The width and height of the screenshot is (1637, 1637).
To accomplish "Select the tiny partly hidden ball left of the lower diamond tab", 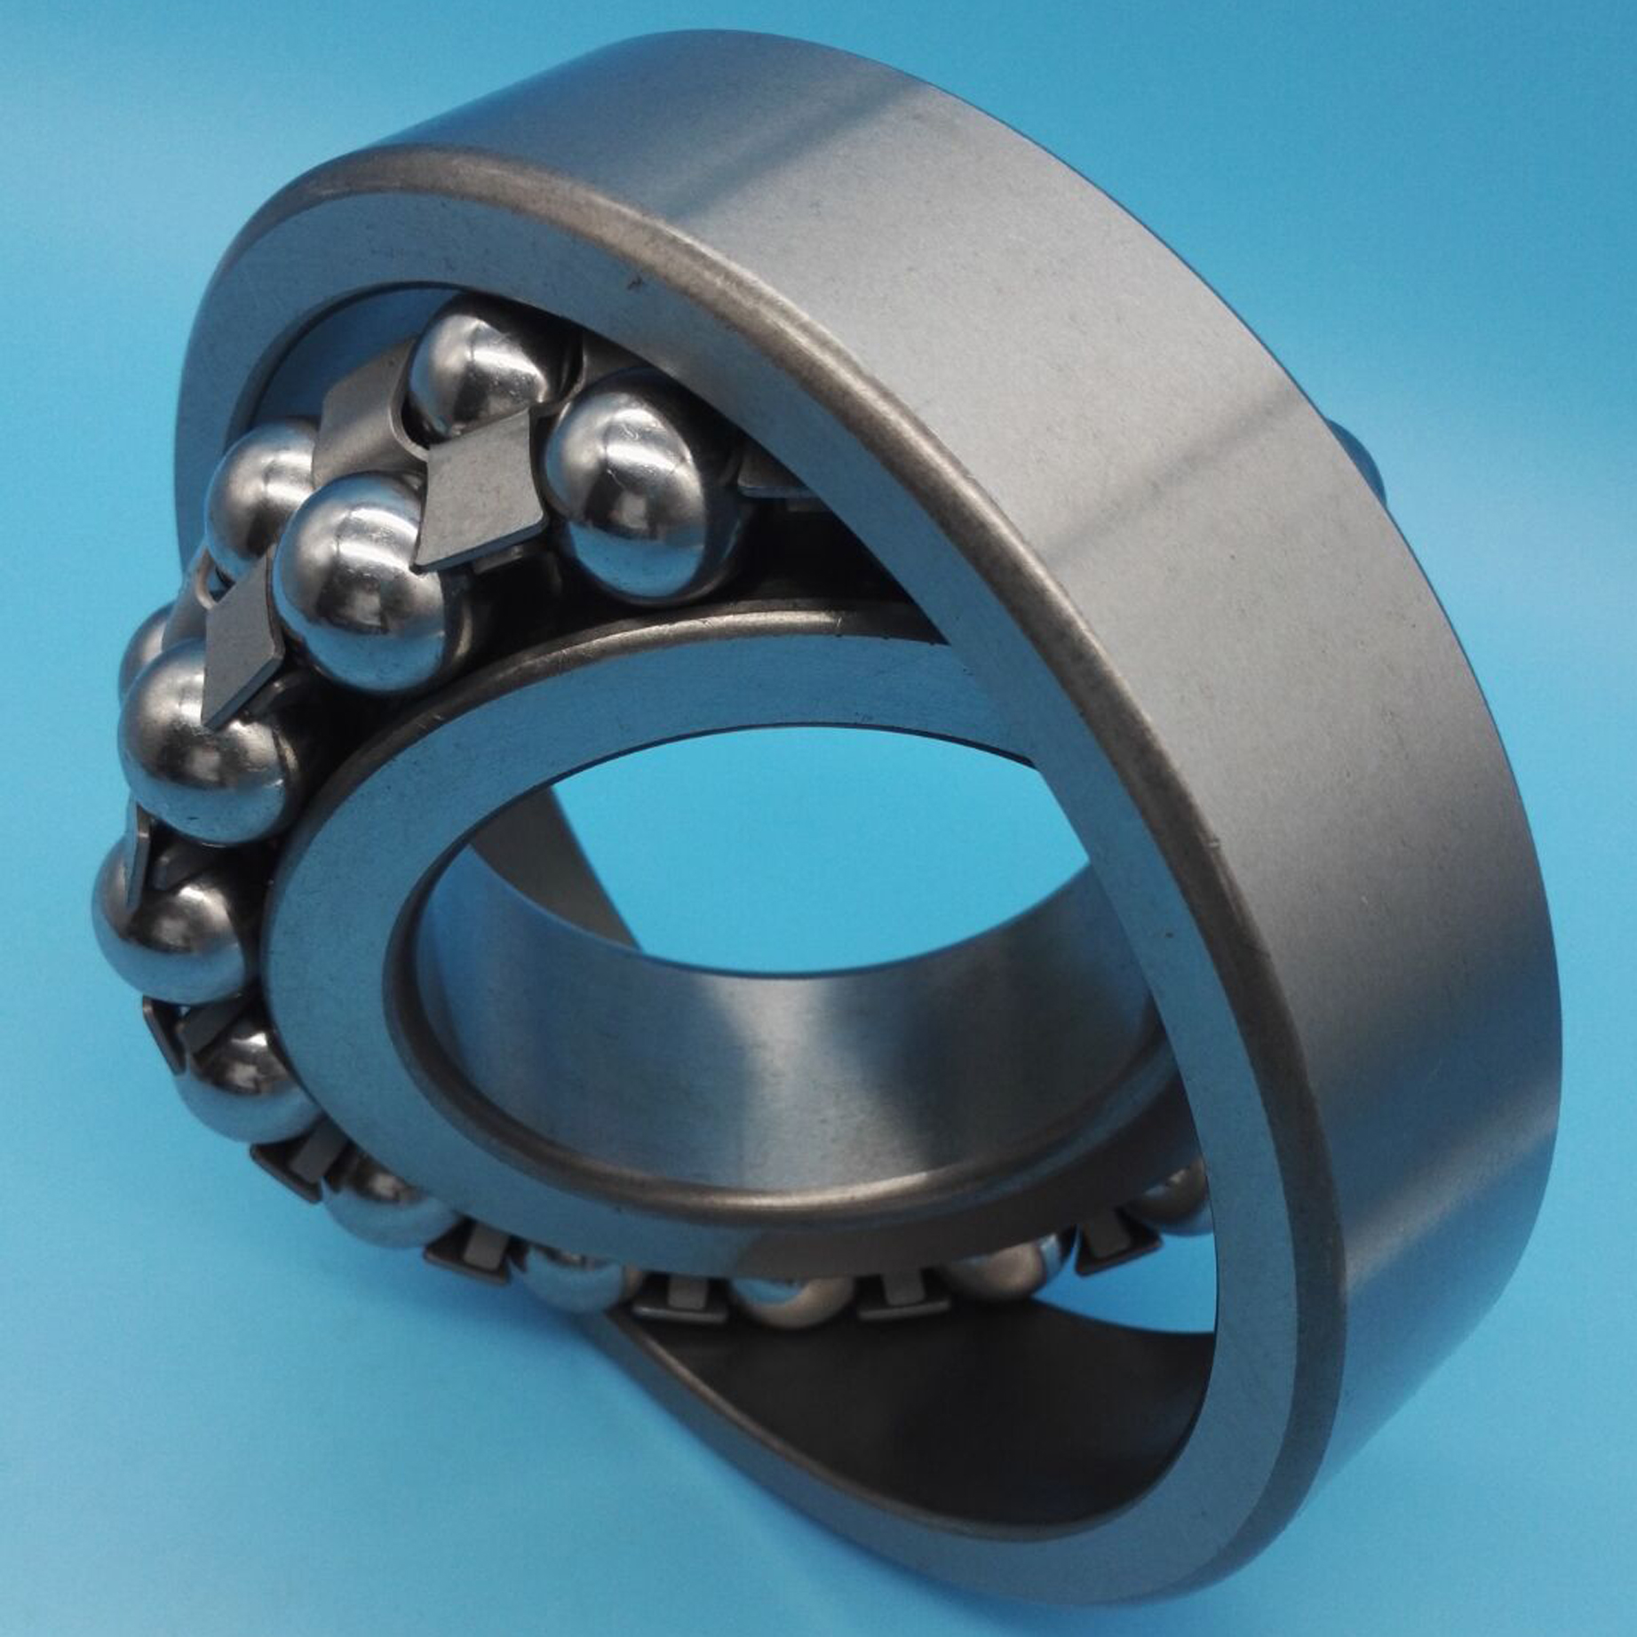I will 147,640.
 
